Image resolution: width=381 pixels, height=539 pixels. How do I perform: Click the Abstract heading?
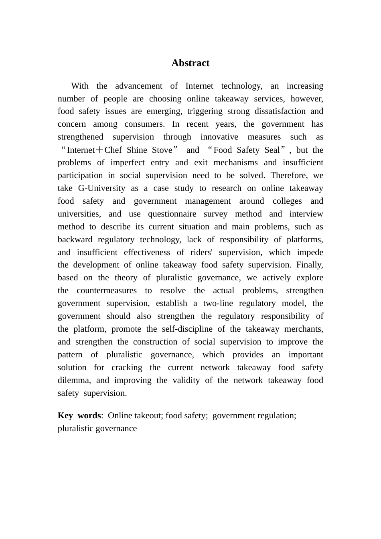tap(190, 63)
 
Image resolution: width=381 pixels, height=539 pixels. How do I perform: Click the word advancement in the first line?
tap(139, 86)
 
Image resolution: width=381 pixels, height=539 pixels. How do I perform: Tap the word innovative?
tap(219, 137)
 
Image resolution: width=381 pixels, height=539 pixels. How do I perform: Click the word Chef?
tap(113, 150)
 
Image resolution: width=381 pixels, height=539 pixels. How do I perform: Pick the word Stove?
tap(162, 150)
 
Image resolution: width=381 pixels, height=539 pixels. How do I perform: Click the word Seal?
tap(272, 150)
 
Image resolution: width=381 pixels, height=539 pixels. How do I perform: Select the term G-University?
tap(102, 188)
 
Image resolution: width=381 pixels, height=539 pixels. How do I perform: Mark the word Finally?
tap(310, 265)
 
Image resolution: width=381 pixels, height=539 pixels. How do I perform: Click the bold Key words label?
tap(79, 415)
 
